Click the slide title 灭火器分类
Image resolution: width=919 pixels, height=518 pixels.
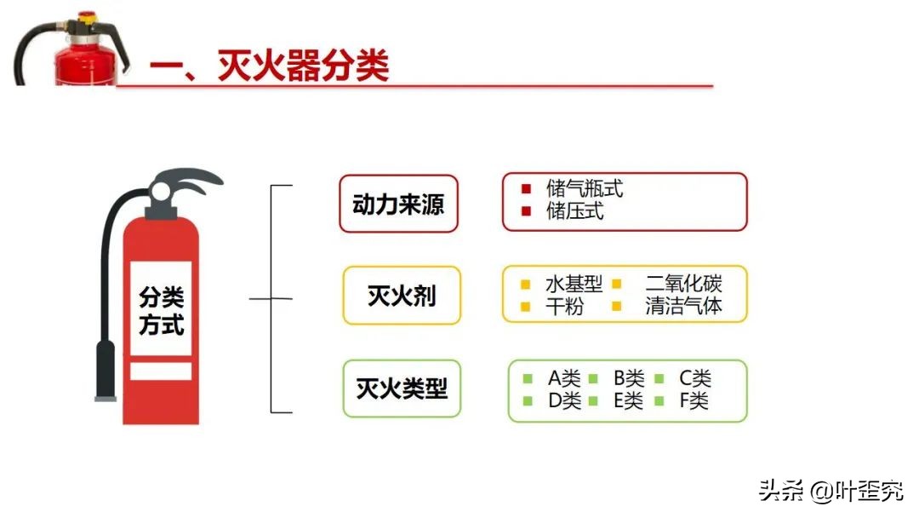tap(269, 66)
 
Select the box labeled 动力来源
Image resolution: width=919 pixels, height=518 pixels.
tap(398, 204)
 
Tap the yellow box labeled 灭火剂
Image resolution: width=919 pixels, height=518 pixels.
tap(402, 296)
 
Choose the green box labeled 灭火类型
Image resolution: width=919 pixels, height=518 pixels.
tap(402, 388)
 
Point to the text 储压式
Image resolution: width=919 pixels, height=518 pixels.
tap(575, 211)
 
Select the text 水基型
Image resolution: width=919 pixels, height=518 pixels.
tap(574, 285)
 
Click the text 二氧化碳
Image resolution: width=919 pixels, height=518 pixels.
tap(683, 285)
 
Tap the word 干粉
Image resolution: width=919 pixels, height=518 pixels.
tap(564, 306)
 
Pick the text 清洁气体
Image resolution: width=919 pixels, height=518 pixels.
tap(683, 306)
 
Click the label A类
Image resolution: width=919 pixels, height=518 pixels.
tap(564, 379)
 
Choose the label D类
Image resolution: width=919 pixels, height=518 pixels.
tap(564, 400)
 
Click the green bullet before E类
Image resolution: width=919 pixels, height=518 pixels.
tap(594, 400)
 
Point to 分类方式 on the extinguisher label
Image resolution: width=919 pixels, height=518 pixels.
tap(161, 311)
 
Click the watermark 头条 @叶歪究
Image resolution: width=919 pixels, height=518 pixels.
tap(831, 492)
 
